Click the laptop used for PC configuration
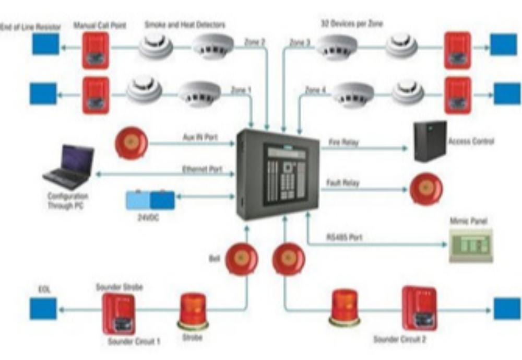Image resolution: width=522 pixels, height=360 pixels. click(69, 168)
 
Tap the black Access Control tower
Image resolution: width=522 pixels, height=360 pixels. click(430, 141)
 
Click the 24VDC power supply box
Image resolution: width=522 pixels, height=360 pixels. click(150, 200)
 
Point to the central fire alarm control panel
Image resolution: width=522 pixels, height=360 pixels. click(278, 174)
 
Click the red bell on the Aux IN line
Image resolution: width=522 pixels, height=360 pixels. click(131, 142)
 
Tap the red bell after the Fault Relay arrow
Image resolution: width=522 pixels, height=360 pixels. click(426, 188)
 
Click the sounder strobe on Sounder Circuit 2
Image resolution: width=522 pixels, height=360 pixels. click(419, 308)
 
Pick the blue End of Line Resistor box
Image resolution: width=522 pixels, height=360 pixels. click(46, 44)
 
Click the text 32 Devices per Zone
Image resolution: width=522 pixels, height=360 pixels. click(351, 24)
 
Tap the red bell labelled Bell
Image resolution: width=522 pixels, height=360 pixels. click(242, 259)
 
